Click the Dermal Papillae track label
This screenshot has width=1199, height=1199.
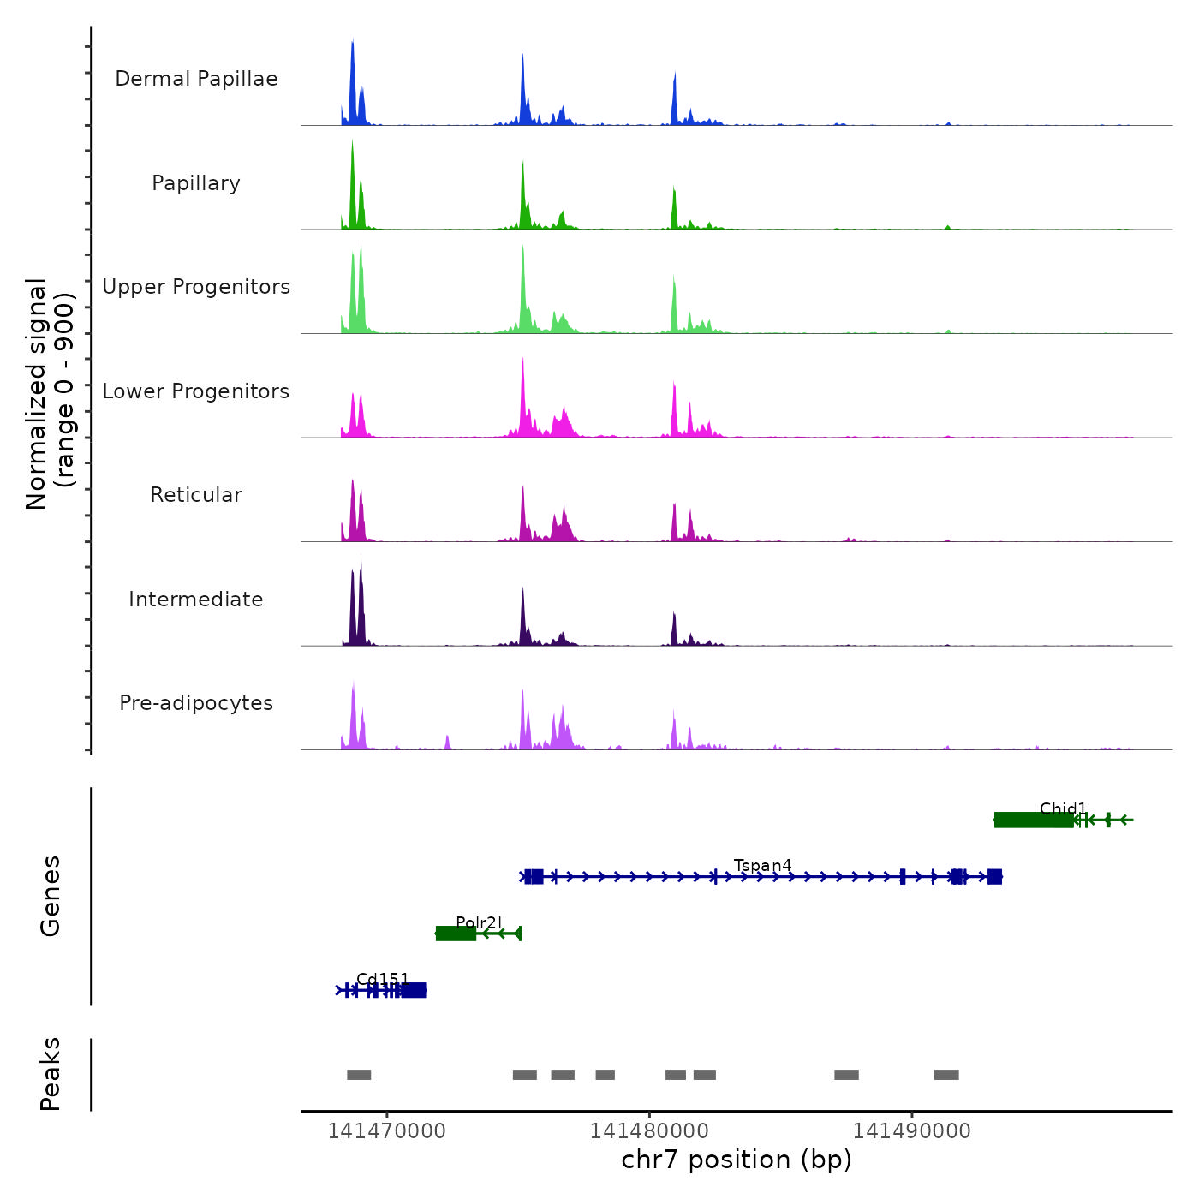coord(196,79)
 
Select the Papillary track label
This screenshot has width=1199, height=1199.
coord(196,183)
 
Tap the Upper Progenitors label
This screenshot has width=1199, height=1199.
coord(196,287)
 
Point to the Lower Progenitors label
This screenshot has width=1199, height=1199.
coord(196,391)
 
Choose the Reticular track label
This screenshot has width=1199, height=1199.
coord(196,495)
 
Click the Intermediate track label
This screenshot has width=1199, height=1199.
coord(196,599)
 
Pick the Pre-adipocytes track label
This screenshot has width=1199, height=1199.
coord(196,703)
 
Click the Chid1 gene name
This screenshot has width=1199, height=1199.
coord(1063,808)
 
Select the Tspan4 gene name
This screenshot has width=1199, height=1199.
coord(763,866)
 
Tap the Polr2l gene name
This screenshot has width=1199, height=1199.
coord(479,922)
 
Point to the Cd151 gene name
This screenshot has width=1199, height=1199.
coord(383,979)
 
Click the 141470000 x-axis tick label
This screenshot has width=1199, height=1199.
coord(387,1131)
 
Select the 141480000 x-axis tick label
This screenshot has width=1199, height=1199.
coord(649,1131)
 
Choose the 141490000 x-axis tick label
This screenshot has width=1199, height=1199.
coord(912,1131)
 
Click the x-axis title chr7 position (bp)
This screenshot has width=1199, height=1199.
coord(737,1160)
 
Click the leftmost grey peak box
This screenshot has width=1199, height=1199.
coord(359,1075)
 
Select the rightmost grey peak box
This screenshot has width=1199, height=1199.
coord(946,1075)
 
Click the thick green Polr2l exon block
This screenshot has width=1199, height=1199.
coord(456,934)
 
